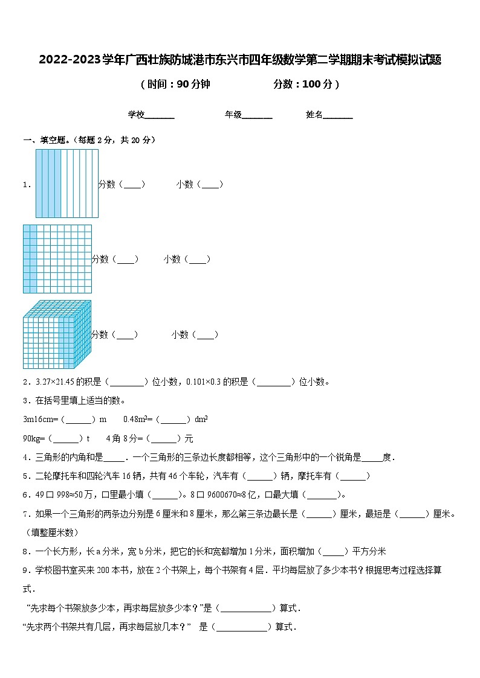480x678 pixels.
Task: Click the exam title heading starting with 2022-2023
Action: tap(240, 60)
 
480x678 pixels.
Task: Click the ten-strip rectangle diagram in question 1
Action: tap(66, 184)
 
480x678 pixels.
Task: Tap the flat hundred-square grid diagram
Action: tap(57, 259)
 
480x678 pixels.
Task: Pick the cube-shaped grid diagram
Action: tap(57, 334)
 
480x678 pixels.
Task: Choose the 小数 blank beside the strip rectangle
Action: tap(211, 185)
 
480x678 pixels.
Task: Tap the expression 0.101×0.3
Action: tap(206, 382)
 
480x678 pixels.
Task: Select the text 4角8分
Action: tap(123, 438)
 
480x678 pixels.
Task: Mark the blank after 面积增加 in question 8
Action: tap(334, 552)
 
